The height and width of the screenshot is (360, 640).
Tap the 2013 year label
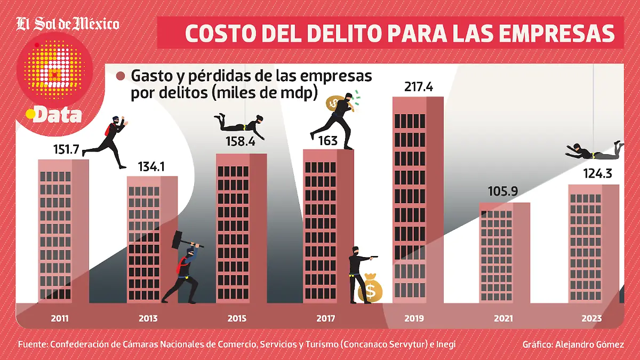pos(148,319)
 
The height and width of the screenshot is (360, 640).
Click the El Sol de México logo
pos(68,24)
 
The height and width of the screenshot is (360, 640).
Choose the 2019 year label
pos(414,319)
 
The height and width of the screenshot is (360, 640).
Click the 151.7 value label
pos(66,150)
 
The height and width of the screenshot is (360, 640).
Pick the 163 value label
pos(328,140)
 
